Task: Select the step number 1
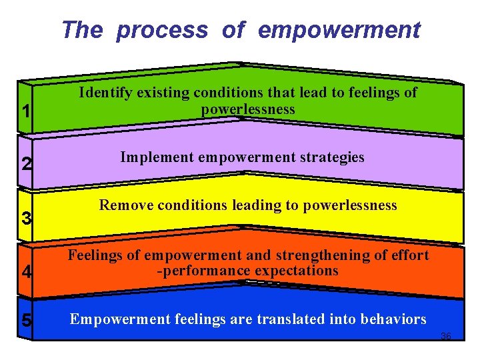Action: (25, 112)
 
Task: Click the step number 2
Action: (25, 163)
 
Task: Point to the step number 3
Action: (25, 218)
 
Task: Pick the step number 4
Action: (25, 273)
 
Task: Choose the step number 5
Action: (25, 321)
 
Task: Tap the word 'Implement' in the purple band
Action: (153, 157)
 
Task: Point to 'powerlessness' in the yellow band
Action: (350, 205)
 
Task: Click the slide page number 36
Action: (446, 336)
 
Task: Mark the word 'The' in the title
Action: (82, 31)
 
